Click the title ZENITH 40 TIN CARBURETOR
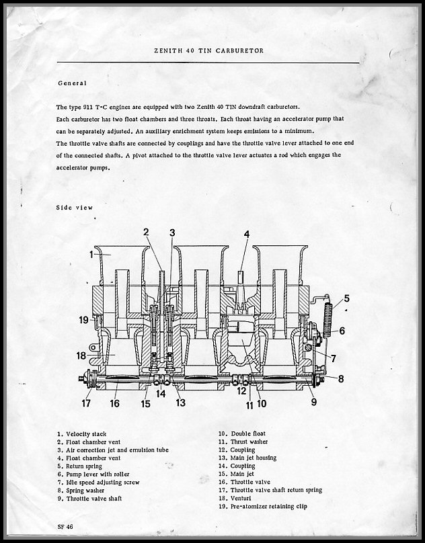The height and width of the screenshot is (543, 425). (208, 50)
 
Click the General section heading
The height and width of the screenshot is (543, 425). (72, 83)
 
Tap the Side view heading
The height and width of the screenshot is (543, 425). (74, 208)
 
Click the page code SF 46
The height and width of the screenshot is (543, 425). (65, 527)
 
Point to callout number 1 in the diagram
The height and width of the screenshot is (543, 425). (91, 255)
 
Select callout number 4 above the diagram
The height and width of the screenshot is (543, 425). (247, 234)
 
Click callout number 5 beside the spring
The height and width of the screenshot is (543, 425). (346, 298)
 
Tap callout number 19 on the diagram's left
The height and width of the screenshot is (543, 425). (83, 320)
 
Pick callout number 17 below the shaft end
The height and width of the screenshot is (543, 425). (86, 403)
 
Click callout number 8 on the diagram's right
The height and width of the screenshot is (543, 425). (341, 379)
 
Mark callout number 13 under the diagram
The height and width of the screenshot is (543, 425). (181, 403)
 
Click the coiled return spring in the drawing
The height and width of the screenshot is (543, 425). (327, 321)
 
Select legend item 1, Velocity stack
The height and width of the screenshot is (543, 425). (82, 434)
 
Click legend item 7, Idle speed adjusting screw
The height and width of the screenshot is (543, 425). (98, 483)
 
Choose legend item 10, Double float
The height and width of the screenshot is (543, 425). (242, 433)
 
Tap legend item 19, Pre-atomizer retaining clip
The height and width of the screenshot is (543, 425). (263, 506)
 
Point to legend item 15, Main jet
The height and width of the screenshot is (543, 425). (236, 474)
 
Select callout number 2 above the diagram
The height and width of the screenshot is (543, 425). (147, 232)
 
